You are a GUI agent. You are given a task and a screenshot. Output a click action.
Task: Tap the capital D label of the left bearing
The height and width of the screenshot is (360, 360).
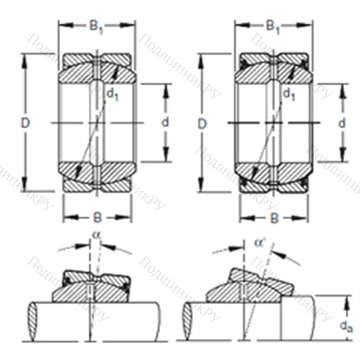(25, 124)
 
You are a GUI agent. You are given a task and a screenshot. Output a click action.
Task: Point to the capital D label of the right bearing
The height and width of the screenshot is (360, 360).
(202, 124)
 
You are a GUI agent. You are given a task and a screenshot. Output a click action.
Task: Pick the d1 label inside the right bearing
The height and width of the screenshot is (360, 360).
(289, 93)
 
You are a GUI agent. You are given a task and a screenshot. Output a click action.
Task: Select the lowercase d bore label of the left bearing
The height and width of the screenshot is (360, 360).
(165, 123)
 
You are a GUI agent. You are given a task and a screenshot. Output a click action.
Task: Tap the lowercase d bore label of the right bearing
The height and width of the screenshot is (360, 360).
(342, 124)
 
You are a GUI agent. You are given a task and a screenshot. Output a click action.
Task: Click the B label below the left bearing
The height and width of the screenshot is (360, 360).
(96, 216)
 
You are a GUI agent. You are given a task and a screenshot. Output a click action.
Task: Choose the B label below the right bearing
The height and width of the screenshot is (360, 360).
(274, 216)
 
